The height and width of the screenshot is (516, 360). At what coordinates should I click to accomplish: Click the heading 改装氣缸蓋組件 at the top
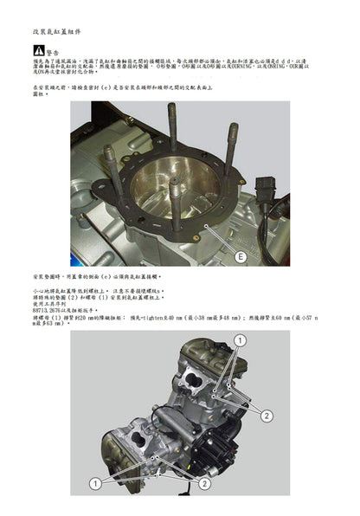click(58, 31)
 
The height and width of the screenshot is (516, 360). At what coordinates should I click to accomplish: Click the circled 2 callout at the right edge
click(267, 416)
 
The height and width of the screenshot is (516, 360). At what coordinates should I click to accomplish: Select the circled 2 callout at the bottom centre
click(204, 483)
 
